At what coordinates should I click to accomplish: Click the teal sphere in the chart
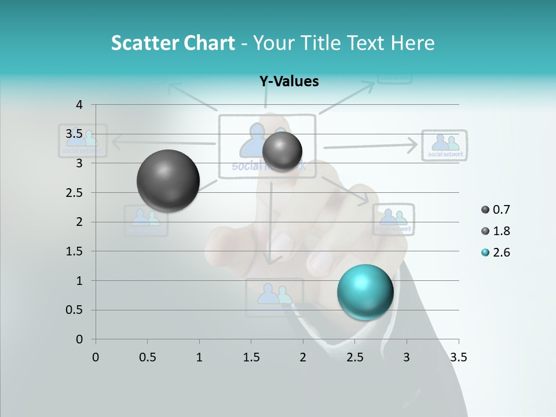(365, 292)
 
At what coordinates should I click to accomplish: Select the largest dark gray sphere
(168, 181)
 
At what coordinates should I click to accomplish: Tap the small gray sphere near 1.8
(282, 151)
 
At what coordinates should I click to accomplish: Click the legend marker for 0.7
(485, 210)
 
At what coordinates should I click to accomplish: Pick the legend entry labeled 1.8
(500, 231)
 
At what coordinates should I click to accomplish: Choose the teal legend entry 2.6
(500, 253)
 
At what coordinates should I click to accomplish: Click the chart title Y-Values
(289, 82)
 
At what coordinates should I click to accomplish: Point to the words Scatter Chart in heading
(173, 43)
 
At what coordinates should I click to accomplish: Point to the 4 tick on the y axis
(79, 104)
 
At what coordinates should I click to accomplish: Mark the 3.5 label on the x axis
(458, 357)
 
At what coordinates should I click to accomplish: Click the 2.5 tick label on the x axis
(354, 357)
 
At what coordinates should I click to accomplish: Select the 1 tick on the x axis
(199, 357)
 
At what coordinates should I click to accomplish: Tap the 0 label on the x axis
(96, 357)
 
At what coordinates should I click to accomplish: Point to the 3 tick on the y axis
(79, 163)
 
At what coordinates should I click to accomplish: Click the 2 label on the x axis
(303, 357)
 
